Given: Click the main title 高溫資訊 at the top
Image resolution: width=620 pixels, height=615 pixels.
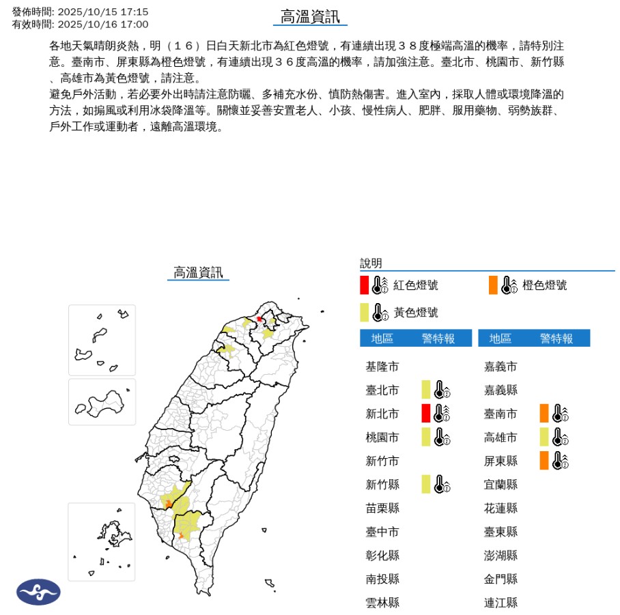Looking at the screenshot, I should pyautogui.click(x=310, y=17).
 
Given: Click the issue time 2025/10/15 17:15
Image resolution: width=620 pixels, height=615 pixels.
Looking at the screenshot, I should pyautogui.click(x=103, y=12).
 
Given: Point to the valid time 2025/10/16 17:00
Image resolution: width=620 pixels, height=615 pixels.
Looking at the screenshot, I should pyautogui.click(x=103, y=24).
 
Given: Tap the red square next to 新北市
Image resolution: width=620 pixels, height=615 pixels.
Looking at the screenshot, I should pyautogui.click(x=425, y=413).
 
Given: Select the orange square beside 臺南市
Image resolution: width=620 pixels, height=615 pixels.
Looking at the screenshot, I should pyautogui.click(x=544, y=413).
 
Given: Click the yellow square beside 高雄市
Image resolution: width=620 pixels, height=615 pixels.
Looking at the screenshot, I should pyautogui.click(x=544, y=437).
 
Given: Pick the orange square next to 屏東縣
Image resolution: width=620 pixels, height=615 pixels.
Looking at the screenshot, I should pyautogui.click(x=544, y=460).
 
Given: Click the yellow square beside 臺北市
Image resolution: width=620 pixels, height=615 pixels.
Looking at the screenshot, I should pyautogui.click(x=425, y=390).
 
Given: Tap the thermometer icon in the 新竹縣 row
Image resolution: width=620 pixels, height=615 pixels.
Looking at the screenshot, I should pyautogui.click(x=442, y=485).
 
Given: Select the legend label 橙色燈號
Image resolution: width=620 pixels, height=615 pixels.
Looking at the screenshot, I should pyautogui.click(x=544, y=285).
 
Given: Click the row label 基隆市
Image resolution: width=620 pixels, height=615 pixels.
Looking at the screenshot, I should pyautogui.click(x=382, y=367).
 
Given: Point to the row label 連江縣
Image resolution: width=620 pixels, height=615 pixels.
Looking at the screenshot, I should pyautogui.click(x=501, y=602).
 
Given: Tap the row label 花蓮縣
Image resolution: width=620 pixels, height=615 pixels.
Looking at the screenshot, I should pyautogui.click(x=501, y=508).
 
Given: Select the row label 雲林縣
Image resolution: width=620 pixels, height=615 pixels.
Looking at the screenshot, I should pyautogui.click(x=382, y=602).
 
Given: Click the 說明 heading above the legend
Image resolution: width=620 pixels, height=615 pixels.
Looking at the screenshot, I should pyautogui.click(x=371, y=263).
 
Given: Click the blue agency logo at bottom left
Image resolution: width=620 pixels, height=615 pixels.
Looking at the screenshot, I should pyautogui.click(x=38, y=591).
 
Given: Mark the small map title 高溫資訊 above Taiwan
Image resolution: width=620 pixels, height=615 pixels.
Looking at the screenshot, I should pyautogui.click(x=198, y=273).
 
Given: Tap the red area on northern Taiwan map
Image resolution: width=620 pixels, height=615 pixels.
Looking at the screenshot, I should pyautogui.click(x=259, y=319).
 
